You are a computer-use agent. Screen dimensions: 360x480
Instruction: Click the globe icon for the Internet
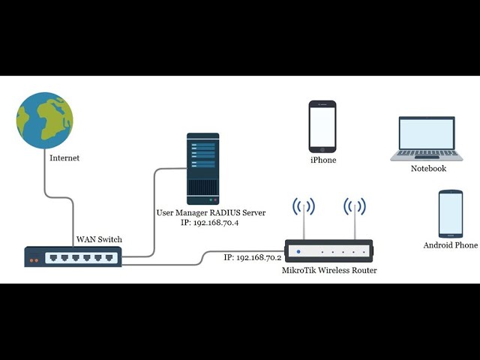tap(44, 121)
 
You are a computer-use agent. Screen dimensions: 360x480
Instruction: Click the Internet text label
tap(64, 158)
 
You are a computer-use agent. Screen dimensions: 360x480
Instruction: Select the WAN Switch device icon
tap(72, 257)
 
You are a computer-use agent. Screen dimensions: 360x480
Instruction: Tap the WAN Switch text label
tap(99, 239)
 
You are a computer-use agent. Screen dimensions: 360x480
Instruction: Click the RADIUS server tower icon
tap(202, 168)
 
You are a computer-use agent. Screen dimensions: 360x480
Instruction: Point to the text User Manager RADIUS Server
tap(211, 213)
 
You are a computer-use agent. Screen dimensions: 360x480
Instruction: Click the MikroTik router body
tap(328, 250)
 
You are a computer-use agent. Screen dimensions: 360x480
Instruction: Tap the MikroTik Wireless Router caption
tap(329, 270)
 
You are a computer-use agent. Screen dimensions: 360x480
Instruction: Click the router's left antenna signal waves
tap(304, 206)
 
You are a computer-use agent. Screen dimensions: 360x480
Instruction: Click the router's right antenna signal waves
tap(354, 206)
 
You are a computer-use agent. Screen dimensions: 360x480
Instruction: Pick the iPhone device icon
tap(322, 127)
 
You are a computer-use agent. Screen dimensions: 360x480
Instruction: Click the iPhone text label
tap(323, 160)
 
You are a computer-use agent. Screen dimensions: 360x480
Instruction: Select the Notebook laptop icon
tap(427, 139)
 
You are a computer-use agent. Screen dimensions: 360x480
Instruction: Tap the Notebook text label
tap(428, 169)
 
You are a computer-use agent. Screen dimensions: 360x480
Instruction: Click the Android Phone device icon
tap(450, 214)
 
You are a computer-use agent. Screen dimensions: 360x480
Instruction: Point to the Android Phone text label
tap(450, 245)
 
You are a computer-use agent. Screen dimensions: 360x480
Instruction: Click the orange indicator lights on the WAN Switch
tap(33, 260)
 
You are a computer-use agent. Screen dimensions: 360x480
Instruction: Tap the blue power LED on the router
tap(298, 251)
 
